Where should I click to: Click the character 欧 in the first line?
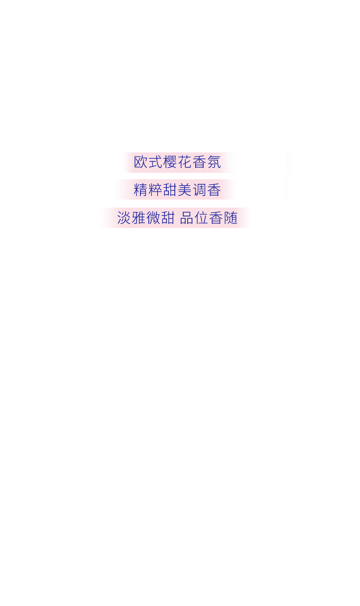[x=141, y=162]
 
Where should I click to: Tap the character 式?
[x=156, y=162]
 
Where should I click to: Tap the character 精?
[x=141, y=190]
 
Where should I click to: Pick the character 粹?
[x=156, y=190]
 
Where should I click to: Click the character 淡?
[x=124, y=218]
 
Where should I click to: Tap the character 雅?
[x=139, y=218]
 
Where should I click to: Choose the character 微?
[x=154, y=218]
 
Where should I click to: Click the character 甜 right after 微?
[x=168, y=218]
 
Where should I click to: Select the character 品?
[x=187, y=218]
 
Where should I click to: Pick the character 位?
[x=202, y=218]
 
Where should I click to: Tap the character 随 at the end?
[x=231, y=218]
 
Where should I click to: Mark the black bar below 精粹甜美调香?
[x=178, y=203]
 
